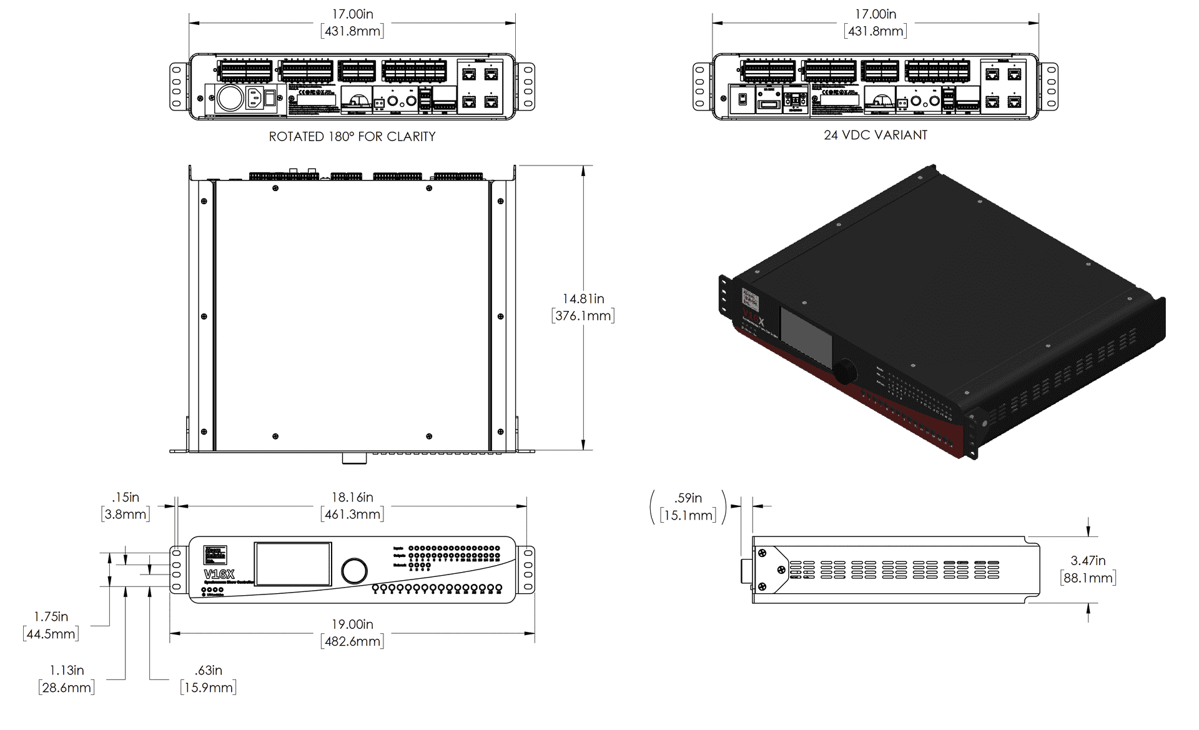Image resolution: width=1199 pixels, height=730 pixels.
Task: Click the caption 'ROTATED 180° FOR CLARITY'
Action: coord(352,136)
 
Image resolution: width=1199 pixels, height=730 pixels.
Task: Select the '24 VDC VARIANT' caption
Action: coord(876,135)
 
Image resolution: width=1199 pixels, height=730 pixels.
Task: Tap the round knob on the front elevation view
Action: coord(354,571)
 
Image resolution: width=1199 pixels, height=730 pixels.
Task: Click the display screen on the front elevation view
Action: coord(292,565)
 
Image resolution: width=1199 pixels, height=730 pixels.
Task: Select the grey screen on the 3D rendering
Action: coord(806,338)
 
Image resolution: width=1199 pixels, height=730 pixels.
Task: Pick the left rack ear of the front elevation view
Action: coord(176,569)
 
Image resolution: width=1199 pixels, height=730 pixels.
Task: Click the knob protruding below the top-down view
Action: coord(354,458)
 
